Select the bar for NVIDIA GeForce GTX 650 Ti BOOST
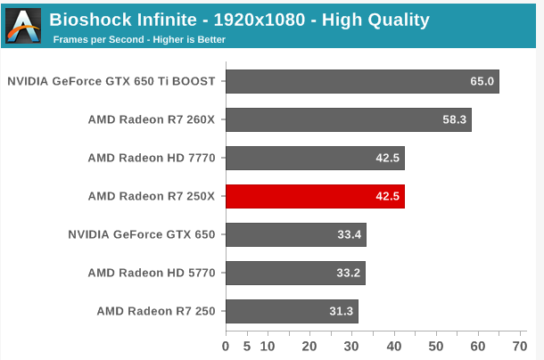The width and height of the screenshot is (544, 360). pos(361,81)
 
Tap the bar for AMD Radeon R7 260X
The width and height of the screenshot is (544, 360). pos(348,119)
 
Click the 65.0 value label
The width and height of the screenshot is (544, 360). pos(482,81)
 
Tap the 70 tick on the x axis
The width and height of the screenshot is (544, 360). pos(520,346)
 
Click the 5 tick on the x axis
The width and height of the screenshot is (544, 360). pos(246,346)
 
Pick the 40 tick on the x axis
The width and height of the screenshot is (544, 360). pos(393,346)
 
